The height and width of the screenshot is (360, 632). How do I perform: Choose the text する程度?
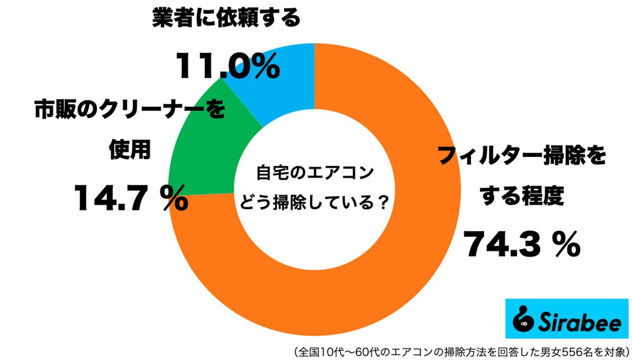pyautogui.click(x=521, y=197)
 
